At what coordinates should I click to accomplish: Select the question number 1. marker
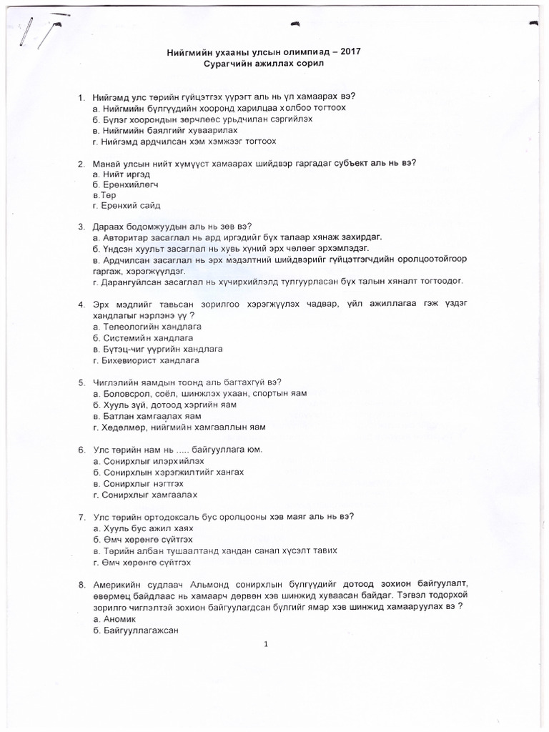tap(81, 97)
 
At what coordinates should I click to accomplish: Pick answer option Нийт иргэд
tap(122, 174)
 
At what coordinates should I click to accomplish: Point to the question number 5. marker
tap(81, 381)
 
